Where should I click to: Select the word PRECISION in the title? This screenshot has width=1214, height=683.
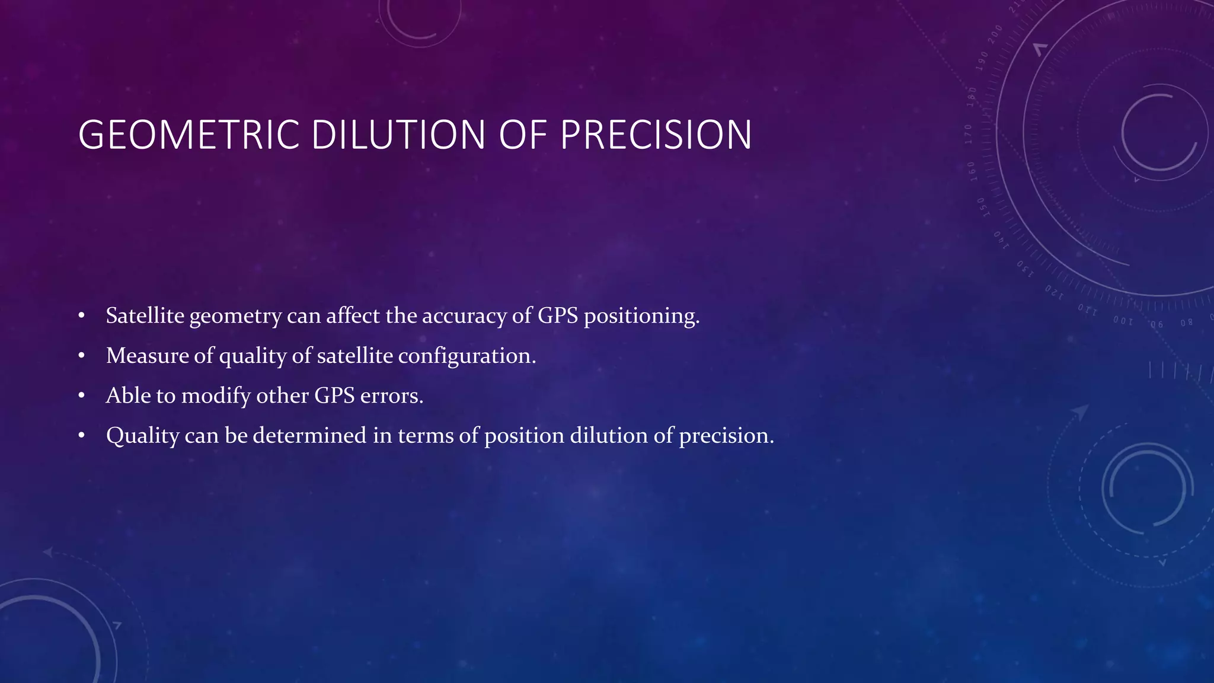656,135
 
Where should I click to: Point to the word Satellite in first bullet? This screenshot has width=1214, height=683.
145,315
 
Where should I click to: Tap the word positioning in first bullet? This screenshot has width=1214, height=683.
641,317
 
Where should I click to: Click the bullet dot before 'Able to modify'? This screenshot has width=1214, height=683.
82,396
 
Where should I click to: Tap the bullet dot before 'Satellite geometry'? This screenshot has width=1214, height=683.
82,316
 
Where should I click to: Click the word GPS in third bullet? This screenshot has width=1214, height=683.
334,395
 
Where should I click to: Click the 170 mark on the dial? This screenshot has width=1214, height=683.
968,135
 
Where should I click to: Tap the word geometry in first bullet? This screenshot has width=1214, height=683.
235,317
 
